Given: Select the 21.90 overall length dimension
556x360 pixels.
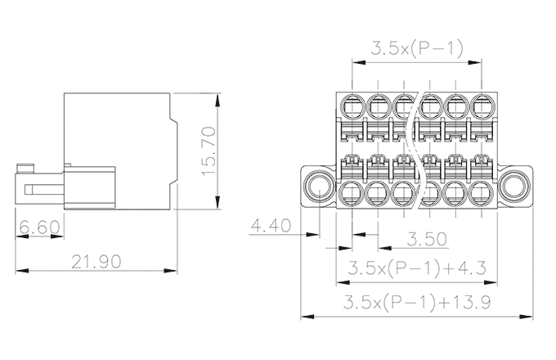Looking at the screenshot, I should click(96, 262).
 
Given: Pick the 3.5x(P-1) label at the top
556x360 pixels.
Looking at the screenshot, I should click(417, 48).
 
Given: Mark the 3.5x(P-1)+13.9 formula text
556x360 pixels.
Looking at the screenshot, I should click(419, 303).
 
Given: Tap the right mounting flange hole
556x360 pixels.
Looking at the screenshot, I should click(516, 185).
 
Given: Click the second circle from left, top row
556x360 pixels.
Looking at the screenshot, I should click(379, 106).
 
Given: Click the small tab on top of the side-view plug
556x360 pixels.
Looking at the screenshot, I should click(28, 168).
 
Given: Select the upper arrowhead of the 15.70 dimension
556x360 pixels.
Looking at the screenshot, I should click(217, 100).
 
